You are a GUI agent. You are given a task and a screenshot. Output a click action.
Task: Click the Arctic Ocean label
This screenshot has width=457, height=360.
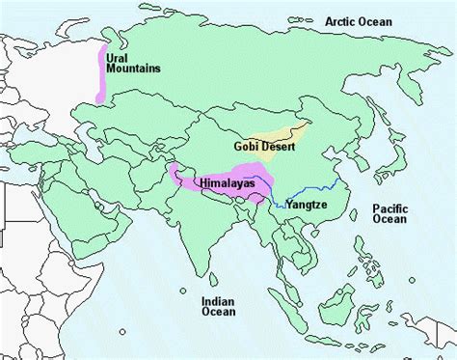(x=355, y=20)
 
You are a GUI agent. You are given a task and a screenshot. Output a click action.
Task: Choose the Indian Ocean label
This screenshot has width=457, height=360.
(x=218, y=306)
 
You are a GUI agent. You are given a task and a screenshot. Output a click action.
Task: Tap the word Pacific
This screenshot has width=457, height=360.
(x=390, y=207)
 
